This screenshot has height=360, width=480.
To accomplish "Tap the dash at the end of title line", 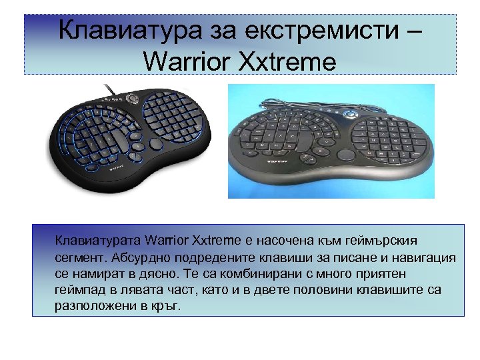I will click(x=413, y=31).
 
